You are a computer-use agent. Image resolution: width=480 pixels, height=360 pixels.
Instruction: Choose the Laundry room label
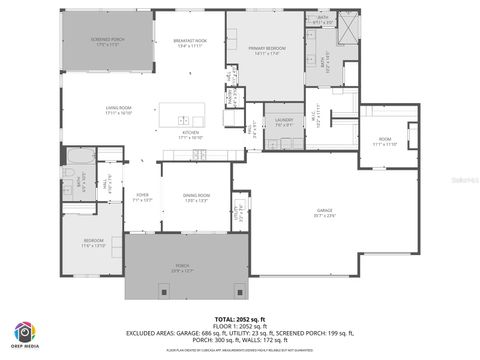(x=283, y=121)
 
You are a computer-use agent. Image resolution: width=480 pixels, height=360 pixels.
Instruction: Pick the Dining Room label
(x=195, y=197)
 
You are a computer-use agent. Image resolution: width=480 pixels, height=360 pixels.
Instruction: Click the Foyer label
(x=143, y=197)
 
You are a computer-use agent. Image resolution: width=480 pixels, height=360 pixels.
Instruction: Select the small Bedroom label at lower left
(x=93, y=243)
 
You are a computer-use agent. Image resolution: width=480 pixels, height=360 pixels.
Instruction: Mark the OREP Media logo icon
(x=24, y=332)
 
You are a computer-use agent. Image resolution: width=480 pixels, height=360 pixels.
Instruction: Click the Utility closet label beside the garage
(x=238, y=213)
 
